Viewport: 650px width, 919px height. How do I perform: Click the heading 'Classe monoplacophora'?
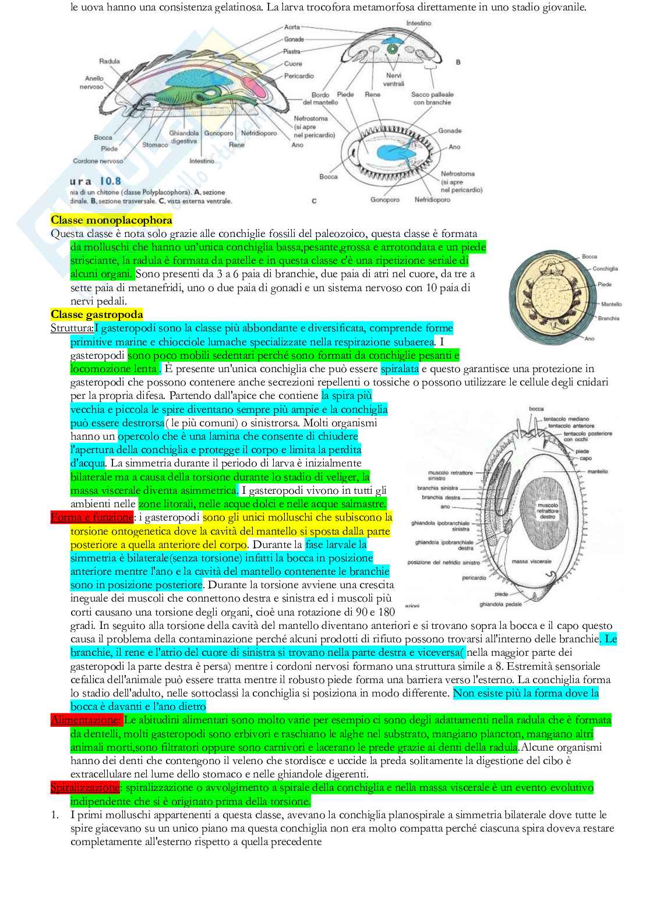[x=111, y=220]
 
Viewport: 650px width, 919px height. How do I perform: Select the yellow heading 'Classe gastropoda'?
[x=97, y=315]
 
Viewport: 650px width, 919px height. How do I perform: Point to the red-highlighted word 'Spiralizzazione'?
[x=85, y=788]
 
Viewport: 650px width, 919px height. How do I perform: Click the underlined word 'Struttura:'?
[x=72, y=328]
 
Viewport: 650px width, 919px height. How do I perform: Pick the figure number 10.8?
[x=109, y=181]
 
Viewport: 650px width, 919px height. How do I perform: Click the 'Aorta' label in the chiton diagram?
[x=292, y=27]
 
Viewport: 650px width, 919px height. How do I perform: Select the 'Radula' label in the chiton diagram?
[x=109, y=61]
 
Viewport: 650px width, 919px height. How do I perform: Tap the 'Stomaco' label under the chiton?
[x=155, y=145]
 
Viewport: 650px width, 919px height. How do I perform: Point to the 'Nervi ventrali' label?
[x=394, y=80]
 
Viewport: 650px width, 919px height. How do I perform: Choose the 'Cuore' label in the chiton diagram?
[x=293, y=64]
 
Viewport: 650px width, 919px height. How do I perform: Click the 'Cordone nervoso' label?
[x=98, y=161]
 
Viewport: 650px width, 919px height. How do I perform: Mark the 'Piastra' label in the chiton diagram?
[x=292, y=52]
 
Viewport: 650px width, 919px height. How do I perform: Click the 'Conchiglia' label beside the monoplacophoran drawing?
[x=605, y=269]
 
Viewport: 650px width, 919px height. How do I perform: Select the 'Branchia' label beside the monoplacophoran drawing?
[x=608, y=319]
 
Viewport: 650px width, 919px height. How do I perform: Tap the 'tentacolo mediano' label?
[x=566, y=419]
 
